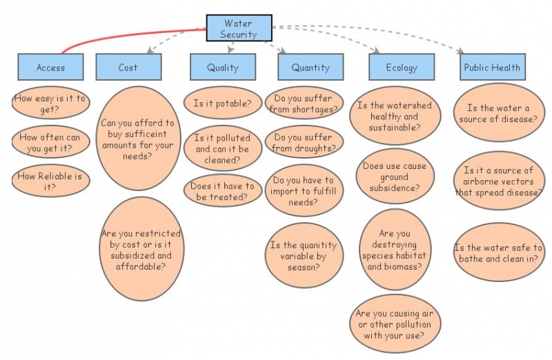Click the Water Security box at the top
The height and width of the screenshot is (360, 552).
(x=239, y=28)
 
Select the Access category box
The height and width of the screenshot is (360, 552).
(x=50, y=67)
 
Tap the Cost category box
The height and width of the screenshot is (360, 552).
(x=128, y=67)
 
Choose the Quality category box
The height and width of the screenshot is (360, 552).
(x=223, y=67)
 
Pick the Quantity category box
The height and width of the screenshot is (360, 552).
(x=310, y=67)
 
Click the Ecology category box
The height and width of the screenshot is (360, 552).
(x=402, y=67)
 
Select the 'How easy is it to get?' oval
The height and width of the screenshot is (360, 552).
(x=50, y=104)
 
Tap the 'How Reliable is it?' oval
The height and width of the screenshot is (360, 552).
(x=50, y=181)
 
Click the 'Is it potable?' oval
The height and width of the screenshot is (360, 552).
(x=222, y=103)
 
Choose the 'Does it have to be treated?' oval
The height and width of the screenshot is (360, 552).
(x=222, y=191)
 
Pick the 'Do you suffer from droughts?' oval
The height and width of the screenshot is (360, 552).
(x=304, y=142)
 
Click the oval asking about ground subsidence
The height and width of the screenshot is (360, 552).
(x=395, y=177)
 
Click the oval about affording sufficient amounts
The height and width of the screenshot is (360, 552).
(x=138, y=138)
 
